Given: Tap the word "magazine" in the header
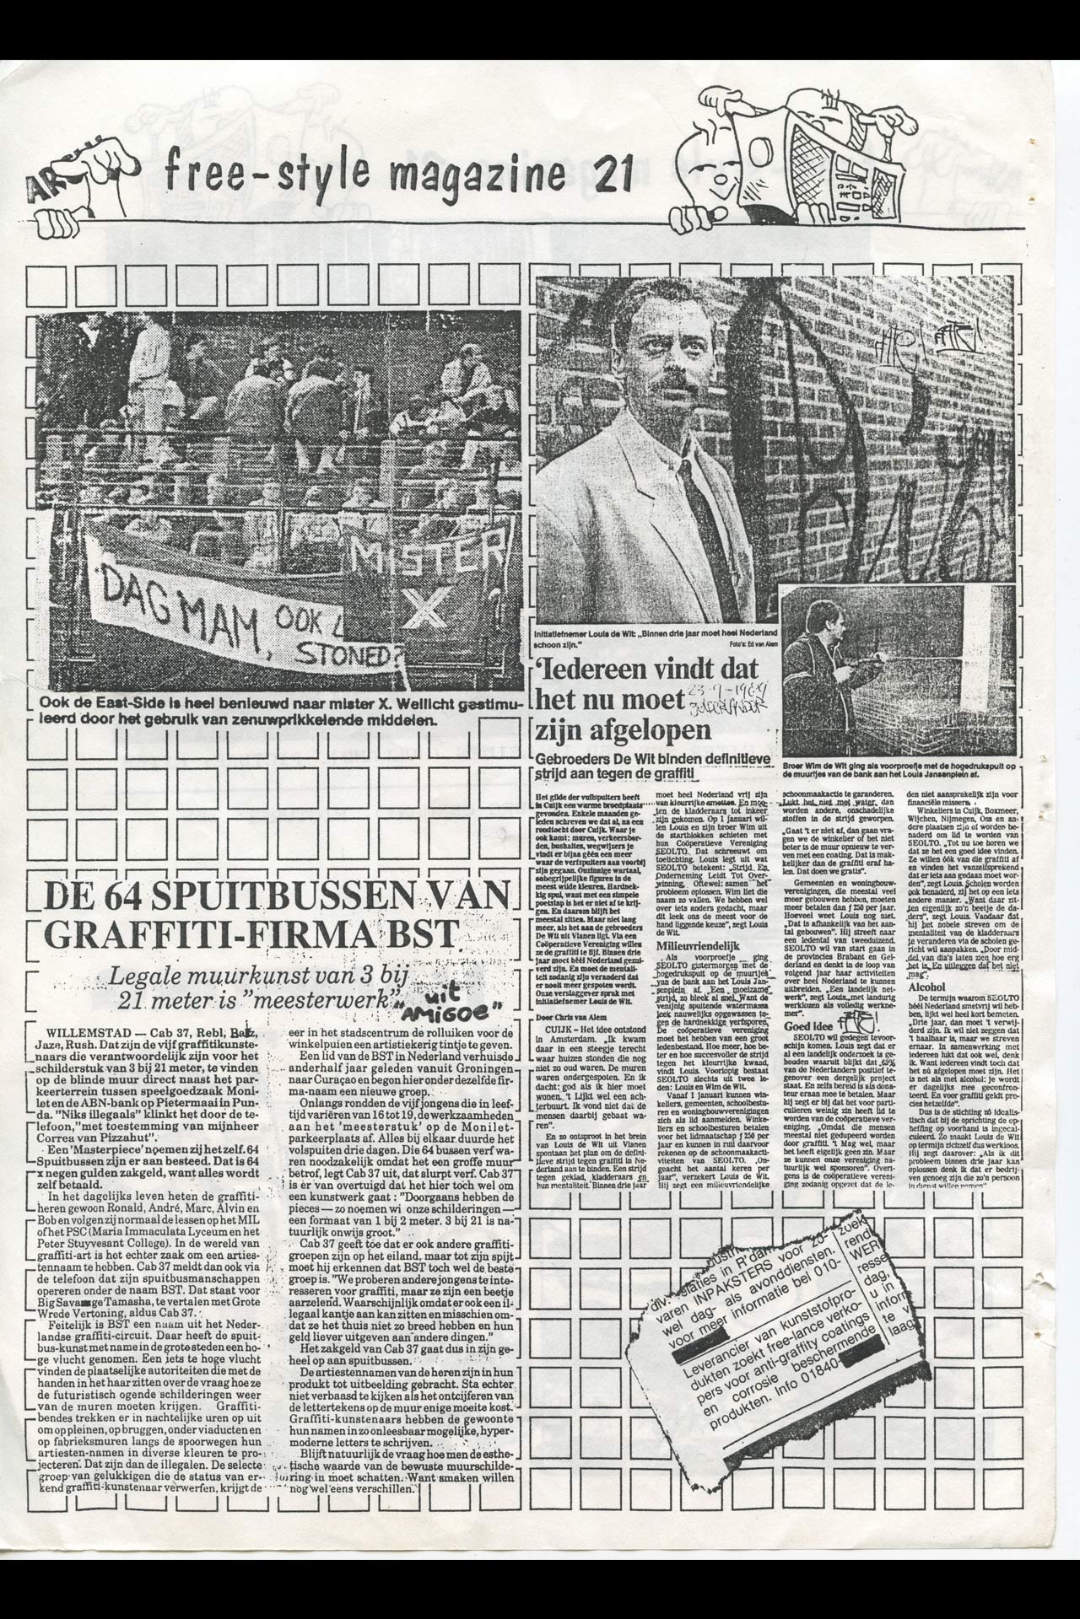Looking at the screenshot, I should (475, 173).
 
